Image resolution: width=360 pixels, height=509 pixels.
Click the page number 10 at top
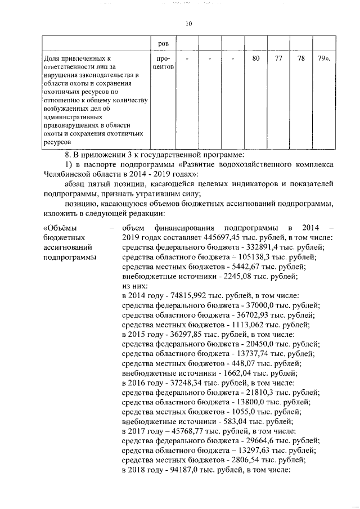[x=188, y=24]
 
